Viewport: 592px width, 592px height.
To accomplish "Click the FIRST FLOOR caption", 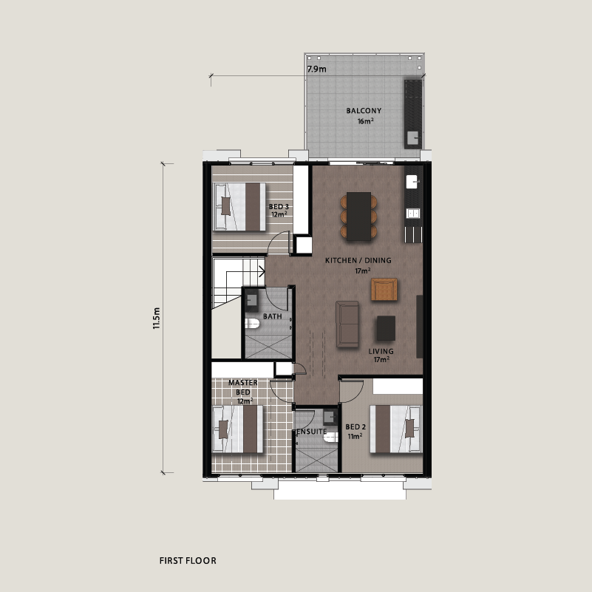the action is click(188, 561).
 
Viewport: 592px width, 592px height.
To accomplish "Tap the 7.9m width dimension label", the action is click(316, 69).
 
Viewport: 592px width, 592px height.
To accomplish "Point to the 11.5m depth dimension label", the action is click(157, 319).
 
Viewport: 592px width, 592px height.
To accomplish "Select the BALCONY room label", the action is click(364, 111).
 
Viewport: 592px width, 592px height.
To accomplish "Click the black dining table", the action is click(358, 217).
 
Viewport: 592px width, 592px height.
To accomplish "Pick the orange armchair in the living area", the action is click(384, 289).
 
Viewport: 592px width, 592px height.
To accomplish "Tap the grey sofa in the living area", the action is click(347, 324).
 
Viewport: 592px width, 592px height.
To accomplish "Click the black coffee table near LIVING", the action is click(386, 328).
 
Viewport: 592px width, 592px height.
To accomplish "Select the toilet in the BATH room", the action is click(252, 324).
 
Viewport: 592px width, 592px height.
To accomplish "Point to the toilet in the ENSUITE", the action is click(330, 438).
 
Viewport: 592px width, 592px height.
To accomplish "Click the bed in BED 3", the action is click(239, 206).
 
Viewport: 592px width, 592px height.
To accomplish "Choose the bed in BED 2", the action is click(395, 429).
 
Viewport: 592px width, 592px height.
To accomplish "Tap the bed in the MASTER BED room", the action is click(238, 429).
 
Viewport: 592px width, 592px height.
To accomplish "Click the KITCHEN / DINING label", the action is click(358, 260).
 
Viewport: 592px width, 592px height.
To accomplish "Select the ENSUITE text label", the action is click(311, 431).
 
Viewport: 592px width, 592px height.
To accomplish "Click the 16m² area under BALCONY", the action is click(365, 121).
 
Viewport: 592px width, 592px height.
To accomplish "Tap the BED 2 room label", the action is click(355, 427).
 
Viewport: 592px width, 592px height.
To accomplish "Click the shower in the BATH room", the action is click(268, 346).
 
